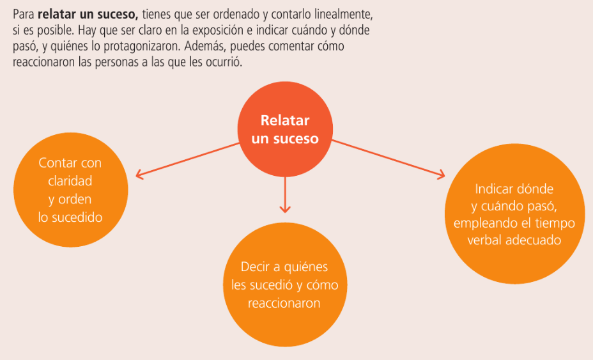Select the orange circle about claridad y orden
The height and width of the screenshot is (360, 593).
click(70, 191)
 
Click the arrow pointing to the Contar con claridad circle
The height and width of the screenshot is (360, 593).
click(185, 159)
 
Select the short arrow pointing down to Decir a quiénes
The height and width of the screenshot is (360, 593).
click(285, 194)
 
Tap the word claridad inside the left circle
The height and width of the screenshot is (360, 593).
click(70, 182)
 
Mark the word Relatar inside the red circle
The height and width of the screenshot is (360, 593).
click(285, 121)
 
